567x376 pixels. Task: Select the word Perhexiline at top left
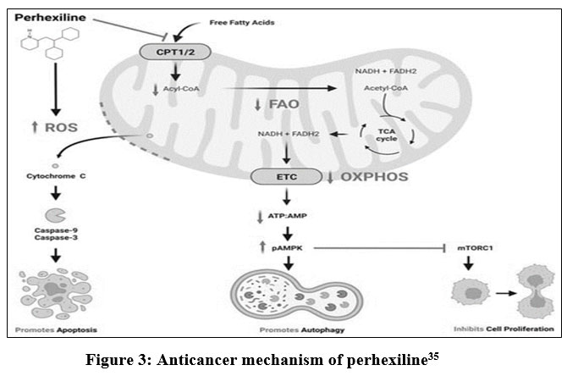click(x=45, y=17)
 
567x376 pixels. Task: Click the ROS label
click(x=47, y=127)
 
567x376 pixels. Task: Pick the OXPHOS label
click(x=377, y=176)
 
